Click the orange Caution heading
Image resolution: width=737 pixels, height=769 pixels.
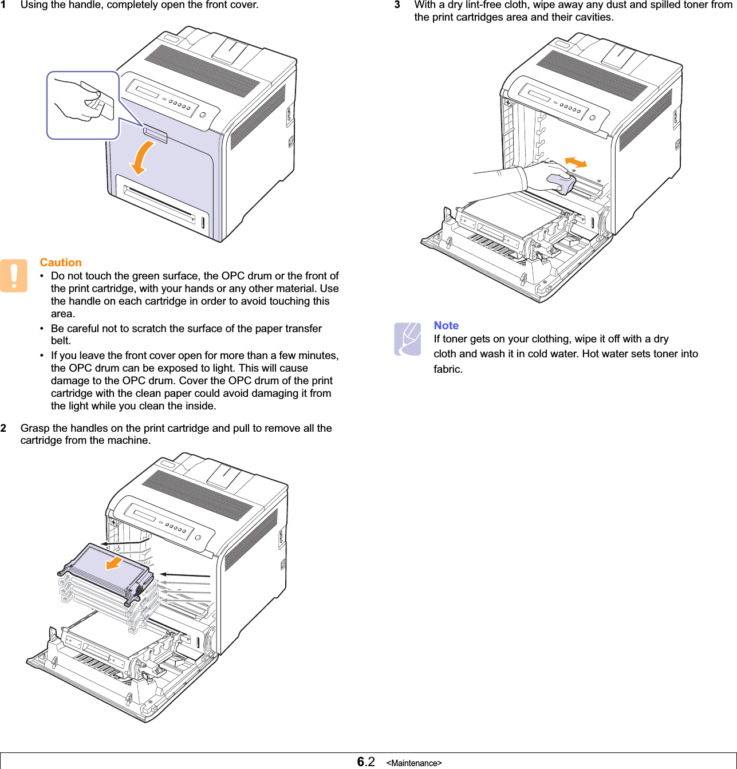61,262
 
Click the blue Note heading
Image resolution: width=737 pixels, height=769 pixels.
446,325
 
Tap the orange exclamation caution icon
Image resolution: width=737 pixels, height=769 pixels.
14,276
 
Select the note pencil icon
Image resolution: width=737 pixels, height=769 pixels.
408,339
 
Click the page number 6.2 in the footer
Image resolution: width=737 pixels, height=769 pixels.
366,761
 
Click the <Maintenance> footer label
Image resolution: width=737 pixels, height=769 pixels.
414,763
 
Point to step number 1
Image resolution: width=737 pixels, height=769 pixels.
3,5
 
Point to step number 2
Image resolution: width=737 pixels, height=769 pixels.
3,428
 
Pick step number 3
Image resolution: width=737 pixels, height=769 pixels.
397,5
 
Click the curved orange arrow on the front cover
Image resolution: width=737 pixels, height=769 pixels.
142,157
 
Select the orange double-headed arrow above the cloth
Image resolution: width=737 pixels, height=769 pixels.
576,163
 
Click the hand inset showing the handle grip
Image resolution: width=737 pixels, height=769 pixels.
83,105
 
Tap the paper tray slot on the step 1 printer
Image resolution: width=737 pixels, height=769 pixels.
160,204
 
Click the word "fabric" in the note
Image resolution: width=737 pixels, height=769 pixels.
447,369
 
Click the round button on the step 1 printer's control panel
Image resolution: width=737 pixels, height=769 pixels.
202,114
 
